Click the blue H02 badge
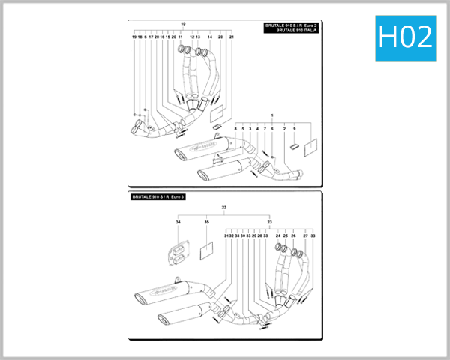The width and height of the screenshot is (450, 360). tap(406, 37)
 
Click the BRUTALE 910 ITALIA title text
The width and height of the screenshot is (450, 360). tap(292, 30)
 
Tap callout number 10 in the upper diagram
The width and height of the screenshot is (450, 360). tap(183, 24)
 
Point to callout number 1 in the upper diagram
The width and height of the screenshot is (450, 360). tap(272, 115)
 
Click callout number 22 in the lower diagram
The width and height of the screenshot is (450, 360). tap(223, 207)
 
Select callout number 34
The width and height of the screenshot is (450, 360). tap(178, 223)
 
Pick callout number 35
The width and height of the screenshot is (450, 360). tap(206, 223)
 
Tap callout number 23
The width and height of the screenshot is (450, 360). tap(269, 223)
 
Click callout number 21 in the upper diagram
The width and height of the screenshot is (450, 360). tap(232, 37)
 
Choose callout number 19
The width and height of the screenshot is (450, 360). tap(134, 37)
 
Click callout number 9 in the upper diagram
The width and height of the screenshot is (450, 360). tap(295, 129)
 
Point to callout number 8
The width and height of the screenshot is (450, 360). tap(235, 129)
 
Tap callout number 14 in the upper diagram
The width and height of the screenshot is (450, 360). tap(210, 37)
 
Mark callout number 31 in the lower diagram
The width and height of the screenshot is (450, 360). tap(225, 235)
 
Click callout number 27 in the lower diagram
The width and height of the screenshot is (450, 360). tap(305, 235)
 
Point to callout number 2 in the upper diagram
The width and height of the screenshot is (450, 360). tap(284, 129)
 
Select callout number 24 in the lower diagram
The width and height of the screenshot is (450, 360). tap(277, 235)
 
